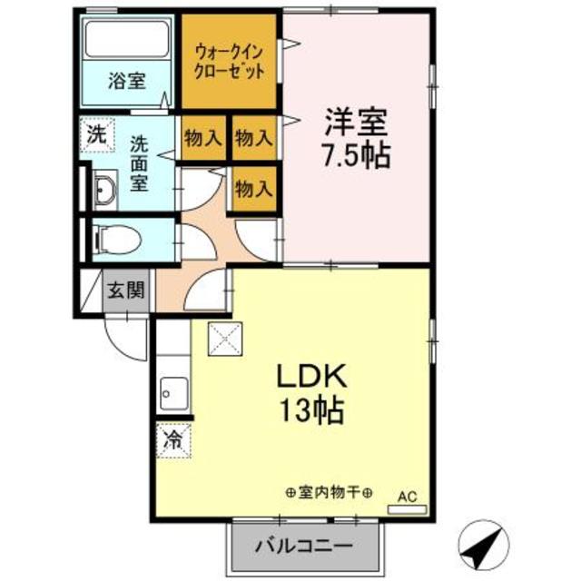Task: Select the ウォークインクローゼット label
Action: [229, 59]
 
